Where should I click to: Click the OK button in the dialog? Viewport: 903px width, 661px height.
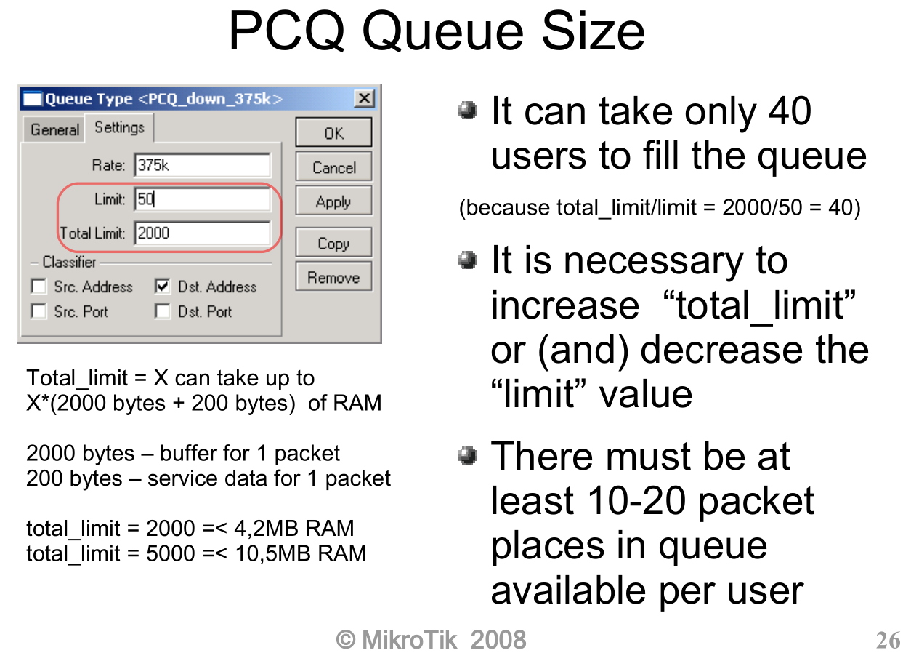point(333,132)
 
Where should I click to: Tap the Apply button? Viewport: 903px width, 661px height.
point(333,201)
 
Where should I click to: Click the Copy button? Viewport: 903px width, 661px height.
point(333,242)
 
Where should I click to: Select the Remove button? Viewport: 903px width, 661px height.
point(333,276)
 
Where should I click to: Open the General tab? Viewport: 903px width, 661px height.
point(54,129)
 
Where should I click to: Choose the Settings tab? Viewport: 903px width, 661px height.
point(119,127)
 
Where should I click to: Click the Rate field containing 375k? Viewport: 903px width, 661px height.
point(203,165)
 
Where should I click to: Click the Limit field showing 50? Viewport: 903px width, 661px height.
point(203,199)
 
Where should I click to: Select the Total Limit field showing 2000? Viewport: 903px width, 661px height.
point(203,233)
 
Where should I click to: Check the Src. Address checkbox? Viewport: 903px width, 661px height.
point(39,287)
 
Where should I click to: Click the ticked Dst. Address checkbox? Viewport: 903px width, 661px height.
point(163,287)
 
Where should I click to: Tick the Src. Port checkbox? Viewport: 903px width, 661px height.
point(39,311)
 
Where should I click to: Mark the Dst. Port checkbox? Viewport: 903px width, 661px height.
point(163,311)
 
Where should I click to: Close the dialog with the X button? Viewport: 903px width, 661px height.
point(365,98)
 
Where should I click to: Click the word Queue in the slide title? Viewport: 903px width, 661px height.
point(442,32)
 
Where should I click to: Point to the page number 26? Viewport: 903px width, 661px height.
point(888,641)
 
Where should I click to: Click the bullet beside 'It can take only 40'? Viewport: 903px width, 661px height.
point(468,111)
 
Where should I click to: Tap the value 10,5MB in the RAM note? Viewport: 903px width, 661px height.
point(273,553)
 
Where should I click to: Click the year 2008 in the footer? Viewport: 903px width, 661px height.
point(498,640)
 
